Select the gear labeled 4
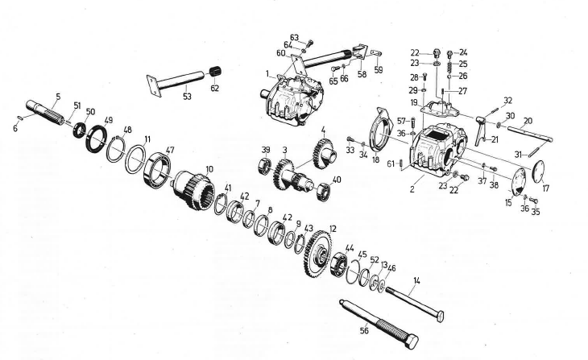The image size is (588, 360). click(x=321, y=151)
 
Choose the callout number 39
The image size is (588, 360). click(x=265, y=151)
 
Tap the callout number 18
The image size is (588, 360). click(x=376, y=159)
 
